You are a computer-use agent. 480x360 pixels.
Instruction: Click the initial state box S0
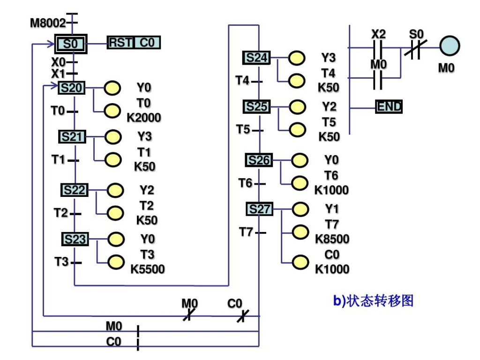[70, 44]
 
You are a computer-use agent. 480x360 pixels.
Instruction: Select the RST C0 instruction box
[134, 43]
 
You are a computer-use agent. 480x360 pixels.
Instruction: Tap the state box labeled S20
[72, 88]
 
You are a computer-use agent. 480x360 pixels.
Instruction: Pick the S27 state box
[259, 209]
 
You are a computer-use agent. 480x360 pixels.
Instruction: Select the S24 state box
[256, 58]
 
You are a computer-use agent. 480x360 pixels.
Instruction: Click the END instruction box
[390, 107]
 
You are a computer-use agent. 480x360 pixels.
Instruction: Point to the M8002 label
[48, 22]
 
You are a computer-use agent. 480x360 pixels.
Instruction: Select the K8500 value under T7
[332, 239]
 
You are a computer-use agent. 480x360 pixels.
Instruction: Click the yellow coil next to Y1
[300, 209]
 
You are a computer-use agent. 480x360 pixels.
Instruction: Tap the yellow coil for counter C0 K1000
[300, 262]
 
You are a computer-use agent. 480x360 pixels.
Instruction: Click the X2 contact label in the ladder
[379, 34]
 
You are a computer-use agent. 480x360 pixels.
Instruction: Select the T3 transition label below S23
[61, 262]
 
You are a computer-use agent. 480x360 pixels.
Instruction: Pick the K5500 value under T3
[148, 269]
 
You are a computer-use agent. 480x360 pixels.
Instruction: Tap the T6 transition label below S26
[245, 183]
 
